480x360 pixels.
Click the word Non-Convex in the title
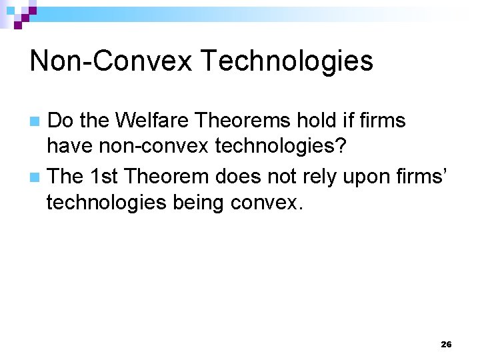tap(110, 61)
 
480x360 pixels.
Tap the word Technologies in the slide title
tap(286, 61)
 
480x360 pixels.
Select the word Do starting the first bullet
tap(61, 121)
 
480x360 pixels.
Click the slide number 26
tap(446, 345)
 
